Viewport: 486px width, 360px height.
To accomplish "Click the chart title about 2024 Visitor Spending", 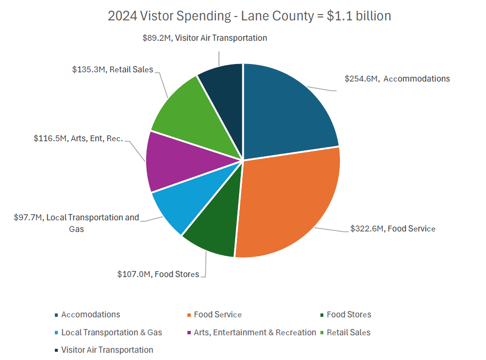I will point(249,16).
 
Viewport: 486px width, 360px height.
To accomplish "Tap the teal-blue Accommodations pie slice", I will point(286,112).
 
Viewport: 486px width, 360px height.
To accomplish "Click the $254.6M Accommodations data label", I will point(397,79).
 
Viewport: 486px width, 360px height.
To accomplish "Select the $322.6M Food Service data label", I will point(393,229).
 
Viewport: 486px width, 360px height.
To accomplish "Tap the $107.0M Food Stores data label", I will point(158,274).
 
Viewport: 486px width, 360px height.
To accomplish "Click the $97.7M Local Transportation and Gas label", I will point(76,223).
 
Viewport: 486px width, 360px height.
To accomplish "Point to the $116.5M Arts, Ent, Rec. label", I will point(78,139).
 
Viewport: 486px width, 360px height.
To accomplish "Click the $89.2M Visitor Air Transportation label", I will point(204,38).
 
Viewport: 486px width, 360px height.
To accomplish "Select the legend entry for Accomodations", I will point(90,314).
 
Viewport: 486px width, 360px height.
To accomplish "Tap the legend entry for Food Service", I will point(218,314).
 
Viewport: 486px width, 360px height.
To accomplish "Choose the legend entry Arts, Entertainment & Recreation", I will point(254,332).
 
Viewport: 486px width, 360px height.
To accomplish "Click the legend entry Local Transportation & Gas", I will point(111,332).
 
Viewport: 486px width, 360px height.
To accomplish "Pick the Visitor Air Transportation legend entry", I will point(107,350).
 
